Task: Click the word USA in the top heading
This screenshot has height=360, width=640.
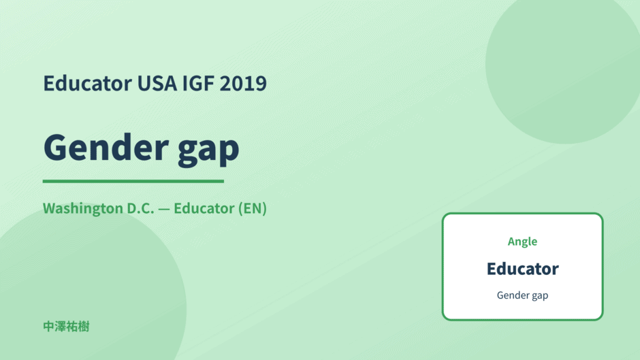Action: tap(157, 83)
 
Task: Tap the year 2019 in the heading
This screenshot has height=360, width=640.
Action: tap(243, 83)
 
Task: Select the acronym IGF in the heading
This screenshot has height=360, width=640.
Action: tap(198, 83)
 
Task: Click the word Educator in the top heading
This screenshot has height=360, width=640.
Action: tap(88, 83)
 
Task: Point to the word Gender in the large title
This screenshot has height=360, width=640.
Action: tap(106, 147)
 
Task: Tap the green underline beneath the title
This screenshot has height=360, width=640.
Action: tap(133, 181)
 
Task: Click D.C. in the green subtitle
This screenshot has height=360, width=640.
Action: tap(141, 208)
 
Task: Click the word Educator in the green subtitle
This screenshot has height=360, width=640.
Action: tap(204, 208)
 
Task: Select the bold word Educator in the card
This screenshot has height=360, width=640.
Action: tap(522, 269)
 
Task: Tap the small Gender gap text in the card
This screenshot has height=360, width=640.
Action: tap(522, 295)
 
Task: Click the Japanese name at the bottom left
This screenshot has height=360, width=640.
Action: tap(66, 327)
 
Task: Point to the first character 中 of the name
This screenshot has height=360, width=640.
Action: tap(48, 327)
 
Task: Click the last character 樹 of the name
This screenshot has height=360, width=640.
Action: tap(84, 327)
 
